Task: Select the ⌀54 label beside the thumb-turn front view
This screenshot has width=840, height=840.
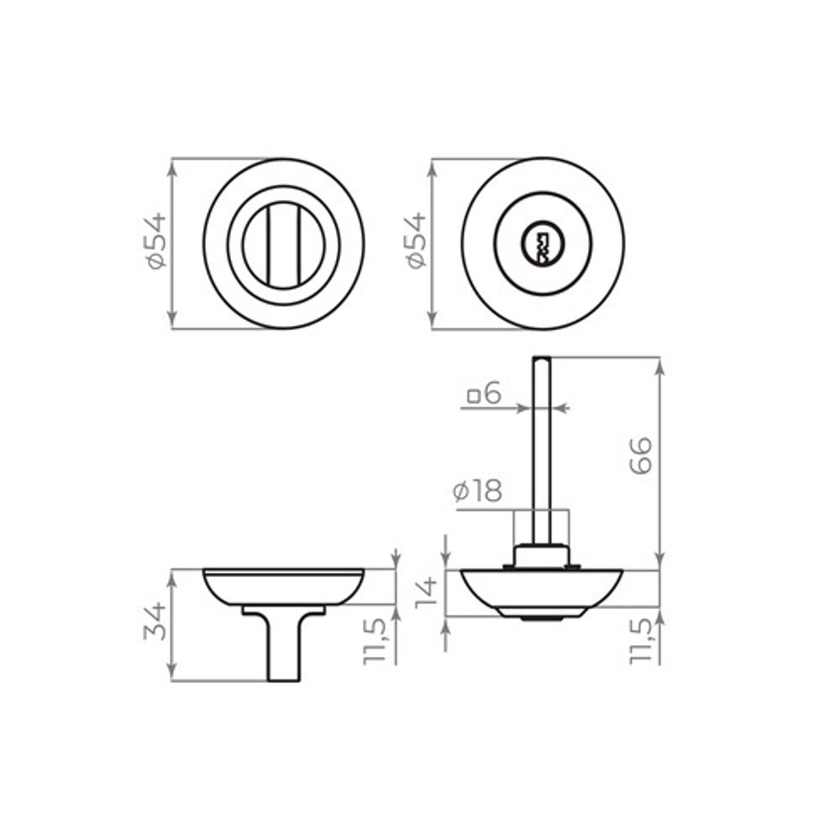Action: click(x=155, y=242)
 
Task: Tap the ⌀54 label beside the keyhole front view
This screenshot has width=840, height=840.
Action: click(x=415, y=242)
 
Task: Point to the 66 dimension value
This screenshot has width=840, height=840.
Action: click(x=641, y=455)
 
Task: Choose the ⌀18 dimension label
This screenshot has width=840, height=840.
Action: click(x=477, y=492)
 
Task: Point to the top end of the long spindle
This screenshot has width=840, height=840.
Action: click(x=542, y=361)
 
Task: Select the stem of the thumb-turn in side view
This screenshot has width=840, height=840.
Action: click(x=283, y=651)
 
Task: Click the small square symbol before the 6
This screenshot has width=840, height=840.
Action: click(x=474, y=394)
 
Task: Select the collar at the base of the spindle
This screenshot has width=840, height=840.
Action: click(x=542, y=555)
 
